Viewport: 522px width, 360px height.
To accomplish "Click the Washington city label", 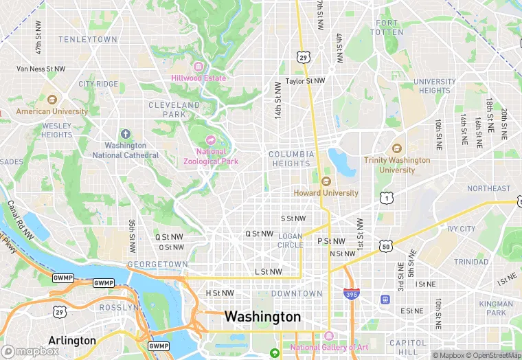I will [x=262, y=317].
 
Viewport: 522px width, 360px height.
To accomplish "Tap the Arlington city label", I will [x=72, y=340].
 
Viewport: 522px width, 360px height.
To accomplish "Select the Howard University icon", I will [x=326, y=182].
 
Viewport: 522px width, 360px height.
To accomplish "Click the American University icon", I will [x=52, y=100].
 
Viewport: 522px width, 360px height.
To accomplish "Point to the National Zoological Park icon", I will [x=211, y=140].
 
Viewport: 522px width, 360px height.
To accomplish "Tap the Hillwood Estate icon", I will [x=198, y=67].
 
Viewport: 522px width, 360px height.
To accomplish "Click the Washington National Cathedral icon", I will [x=125, y=134].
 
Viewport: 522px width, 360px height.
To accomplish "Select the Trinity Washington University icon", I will [x=396, y=148].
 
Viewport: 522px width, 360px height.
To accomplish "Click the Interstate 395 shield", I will [x=350, y=294].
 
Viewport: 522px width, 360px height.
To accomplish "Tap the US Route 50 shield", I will [x=386, y=245].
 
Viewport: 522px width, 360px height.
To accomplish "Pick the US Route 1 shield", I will [x=386, y=198].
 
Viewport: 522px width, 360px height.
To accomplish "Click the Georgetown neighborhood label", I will [x=157, y=265].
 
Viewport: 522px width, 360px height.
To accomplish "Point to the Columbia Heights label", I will [x=291, y=159].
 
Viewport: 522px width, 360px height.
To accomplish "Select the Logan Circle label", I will [x=291, y=240].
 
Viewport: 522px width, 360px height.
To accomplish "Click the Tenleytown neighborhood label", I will [x=88, y=40].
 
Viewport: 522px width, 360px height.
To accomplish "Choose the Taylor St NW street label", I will [x=305, y=80].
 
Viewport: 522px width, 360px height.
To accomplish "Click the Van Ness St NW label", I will [x=41, y=69].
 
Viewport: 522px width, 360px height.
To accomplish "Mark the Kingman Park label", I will [x=496, y=308].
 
